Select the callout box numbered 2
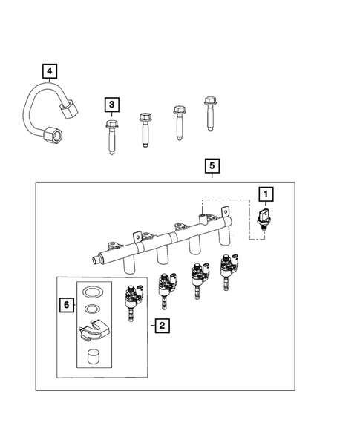coord(160,324)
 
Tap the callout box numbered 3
coord(111,105)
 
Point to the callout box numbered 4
coord(50,71)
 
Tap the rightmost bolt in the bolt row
coord(207,111)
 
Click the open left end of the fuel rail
coord(94,260)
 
